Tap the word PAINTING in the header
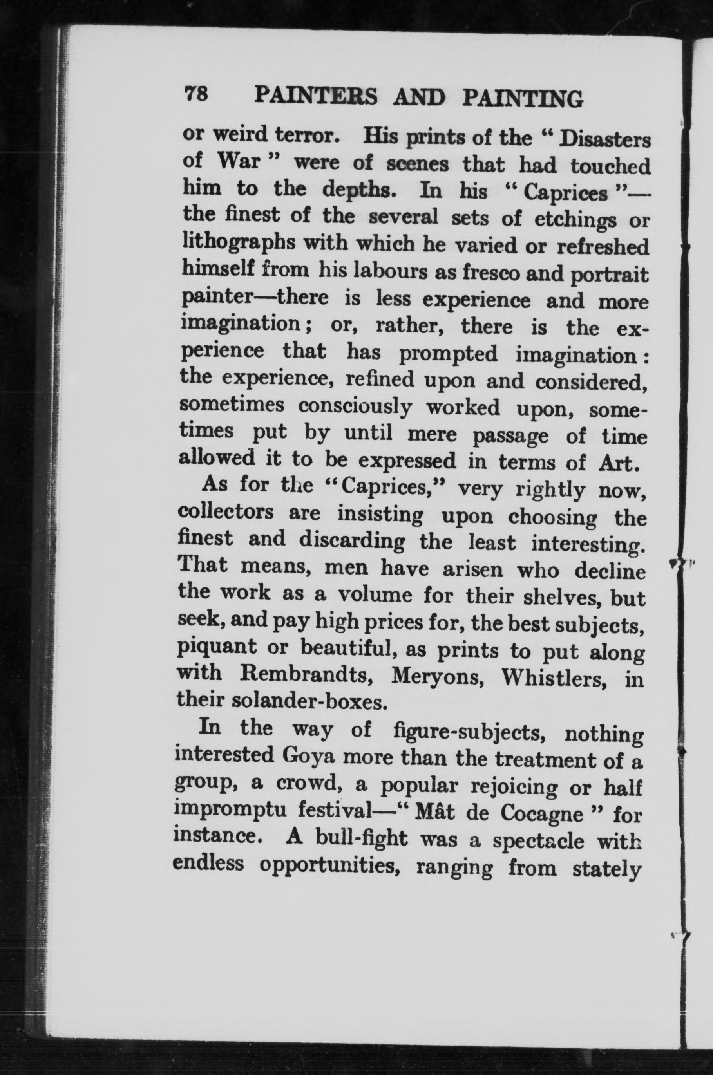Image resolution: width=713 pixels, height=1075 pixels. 523,98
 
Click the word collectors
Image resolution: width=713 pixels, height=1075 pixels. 226,512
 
